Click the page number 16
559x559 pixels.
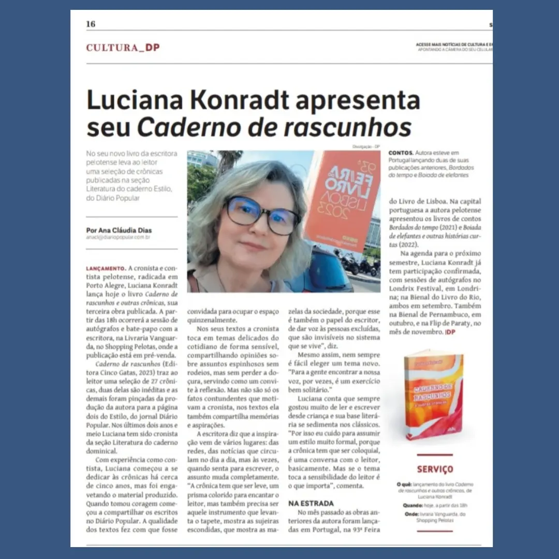(91, 24)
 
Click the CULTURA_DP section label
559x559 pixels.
(123, 48)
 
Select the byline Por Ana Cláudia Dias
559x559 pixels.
(120, 230)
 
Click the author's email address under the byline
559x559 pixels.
(117, 238)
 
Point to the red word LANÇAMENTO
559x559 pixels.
(106, 268)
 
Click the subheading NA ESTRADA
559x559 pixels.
(311, 503)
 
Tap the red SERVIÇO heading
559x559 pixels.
(435, 469)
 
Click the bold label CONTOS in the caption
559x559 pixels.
(401, 153)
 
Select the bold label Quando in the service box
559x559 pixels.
(414, 505)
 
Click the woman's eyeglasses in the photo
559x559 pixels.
(262, 214)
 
